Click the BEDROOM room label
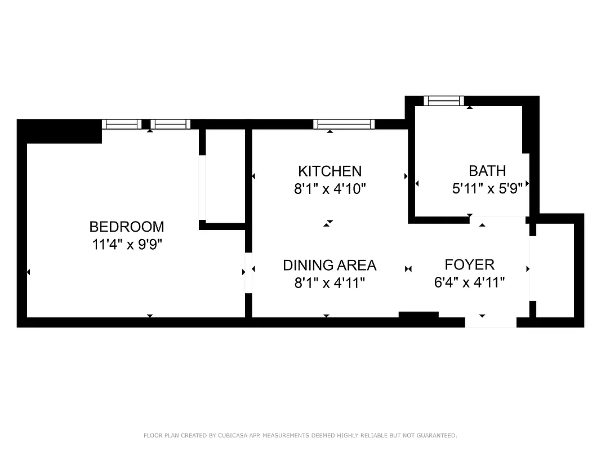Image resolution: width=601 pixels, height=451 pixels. (127, 227)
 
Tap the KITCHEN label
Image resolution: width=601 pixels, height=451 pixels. (330, 171)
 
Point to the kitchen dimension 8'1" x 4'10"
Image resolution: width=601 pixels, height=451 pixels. (330, 189)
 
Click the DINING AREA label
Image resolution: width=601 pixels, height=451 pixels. (330, 265)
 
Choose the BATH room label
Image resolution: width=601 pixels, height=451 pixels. (487, 170)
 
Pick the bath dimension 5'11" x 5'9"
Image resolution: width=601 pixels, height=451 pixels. (491, 188)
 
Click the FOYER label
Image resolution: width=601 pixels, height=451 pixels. (469, 264)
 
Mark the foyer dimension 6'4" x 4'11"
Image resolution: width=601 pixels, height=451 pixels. (469, 282)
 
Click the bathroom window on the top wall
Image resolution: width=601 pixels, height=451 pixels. (444, 101)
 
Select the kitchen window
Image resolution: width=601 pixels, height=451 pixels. (344, 124)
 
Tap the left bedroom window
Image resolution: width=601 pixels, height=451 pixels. (122, 124)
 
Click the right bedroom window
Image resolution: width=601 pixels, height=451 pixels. (170, 124)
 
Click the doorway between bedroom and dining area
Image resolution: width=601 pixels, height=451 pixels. (248, 273)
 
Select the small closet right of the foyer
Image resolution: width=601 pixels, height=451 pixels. (554, 269)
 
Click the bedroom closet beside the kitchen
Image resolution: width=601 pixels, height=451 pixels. (225, 176)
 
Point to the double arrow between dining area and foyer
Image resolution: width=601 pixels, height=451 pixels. (408, 269)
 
